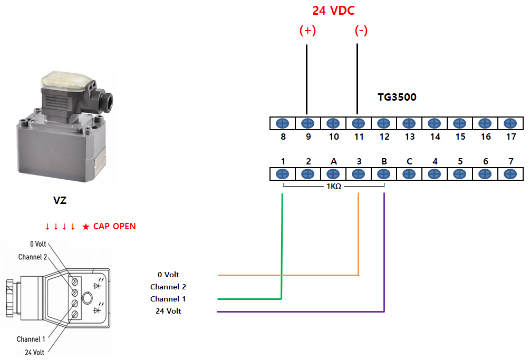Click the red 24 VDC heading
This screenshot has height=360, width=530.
point(333,11)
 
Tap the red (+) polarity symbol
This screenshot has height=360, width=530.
point(307,31)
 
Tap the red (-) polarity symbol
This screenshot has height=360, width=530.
point(361,31)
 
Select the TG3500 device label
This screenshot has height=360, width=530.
point(397,98)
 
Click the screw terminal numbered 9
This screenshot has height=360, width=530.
point(307,124)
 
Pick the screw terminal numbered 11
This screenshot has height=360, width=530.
point(358,124)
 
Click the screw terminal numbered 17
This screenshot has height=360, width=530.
point(510,124)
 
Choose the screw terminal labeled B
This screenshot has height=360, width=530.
point(383,174)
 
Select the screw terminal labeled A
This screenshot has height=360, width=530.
point(333,174)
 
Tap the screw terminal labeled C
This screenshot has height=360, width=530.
point(409,174)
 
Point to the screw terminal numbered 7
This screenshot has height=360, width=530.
point(510,174)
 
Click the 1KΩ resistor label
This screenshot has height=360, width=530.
point(334,187)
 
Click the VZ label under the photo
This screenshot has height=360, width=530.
point(60,201)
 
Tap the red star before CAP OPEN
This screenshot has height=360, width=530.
point(86,227)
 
